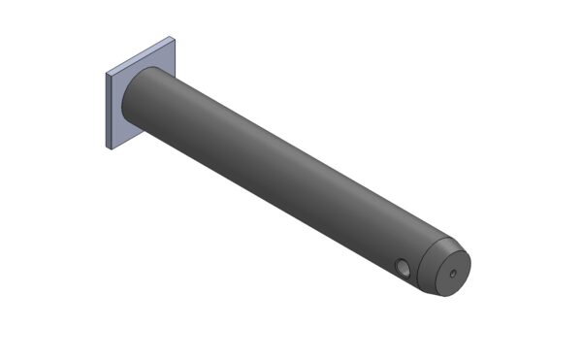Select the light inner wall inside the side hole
coord(401,269)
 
